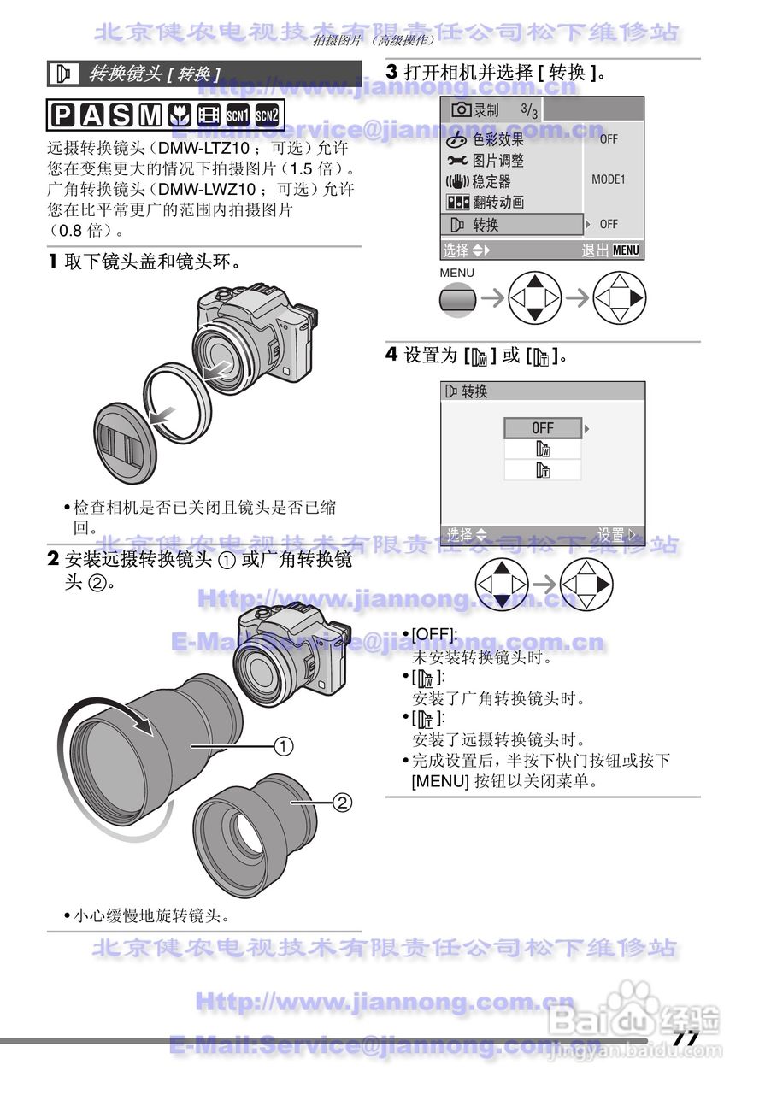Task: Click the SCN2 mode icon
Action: pos(268,115)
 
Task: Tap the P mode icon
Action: pos(62,115)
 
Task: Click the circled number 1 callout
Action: pos(283,746)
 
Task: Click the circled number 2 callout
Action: pos(340,802)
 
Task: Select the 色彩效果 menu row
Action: pos(498,139)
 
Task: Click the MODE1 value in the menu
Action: pos(609,180)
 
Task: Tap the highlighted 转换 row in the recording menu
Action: pos(511,225)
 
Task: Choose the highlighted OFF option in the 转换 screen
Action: pos(543,427)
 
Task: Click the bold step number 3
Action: pos(392,73)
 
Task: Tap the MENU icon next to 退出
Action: pos(626,250)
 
